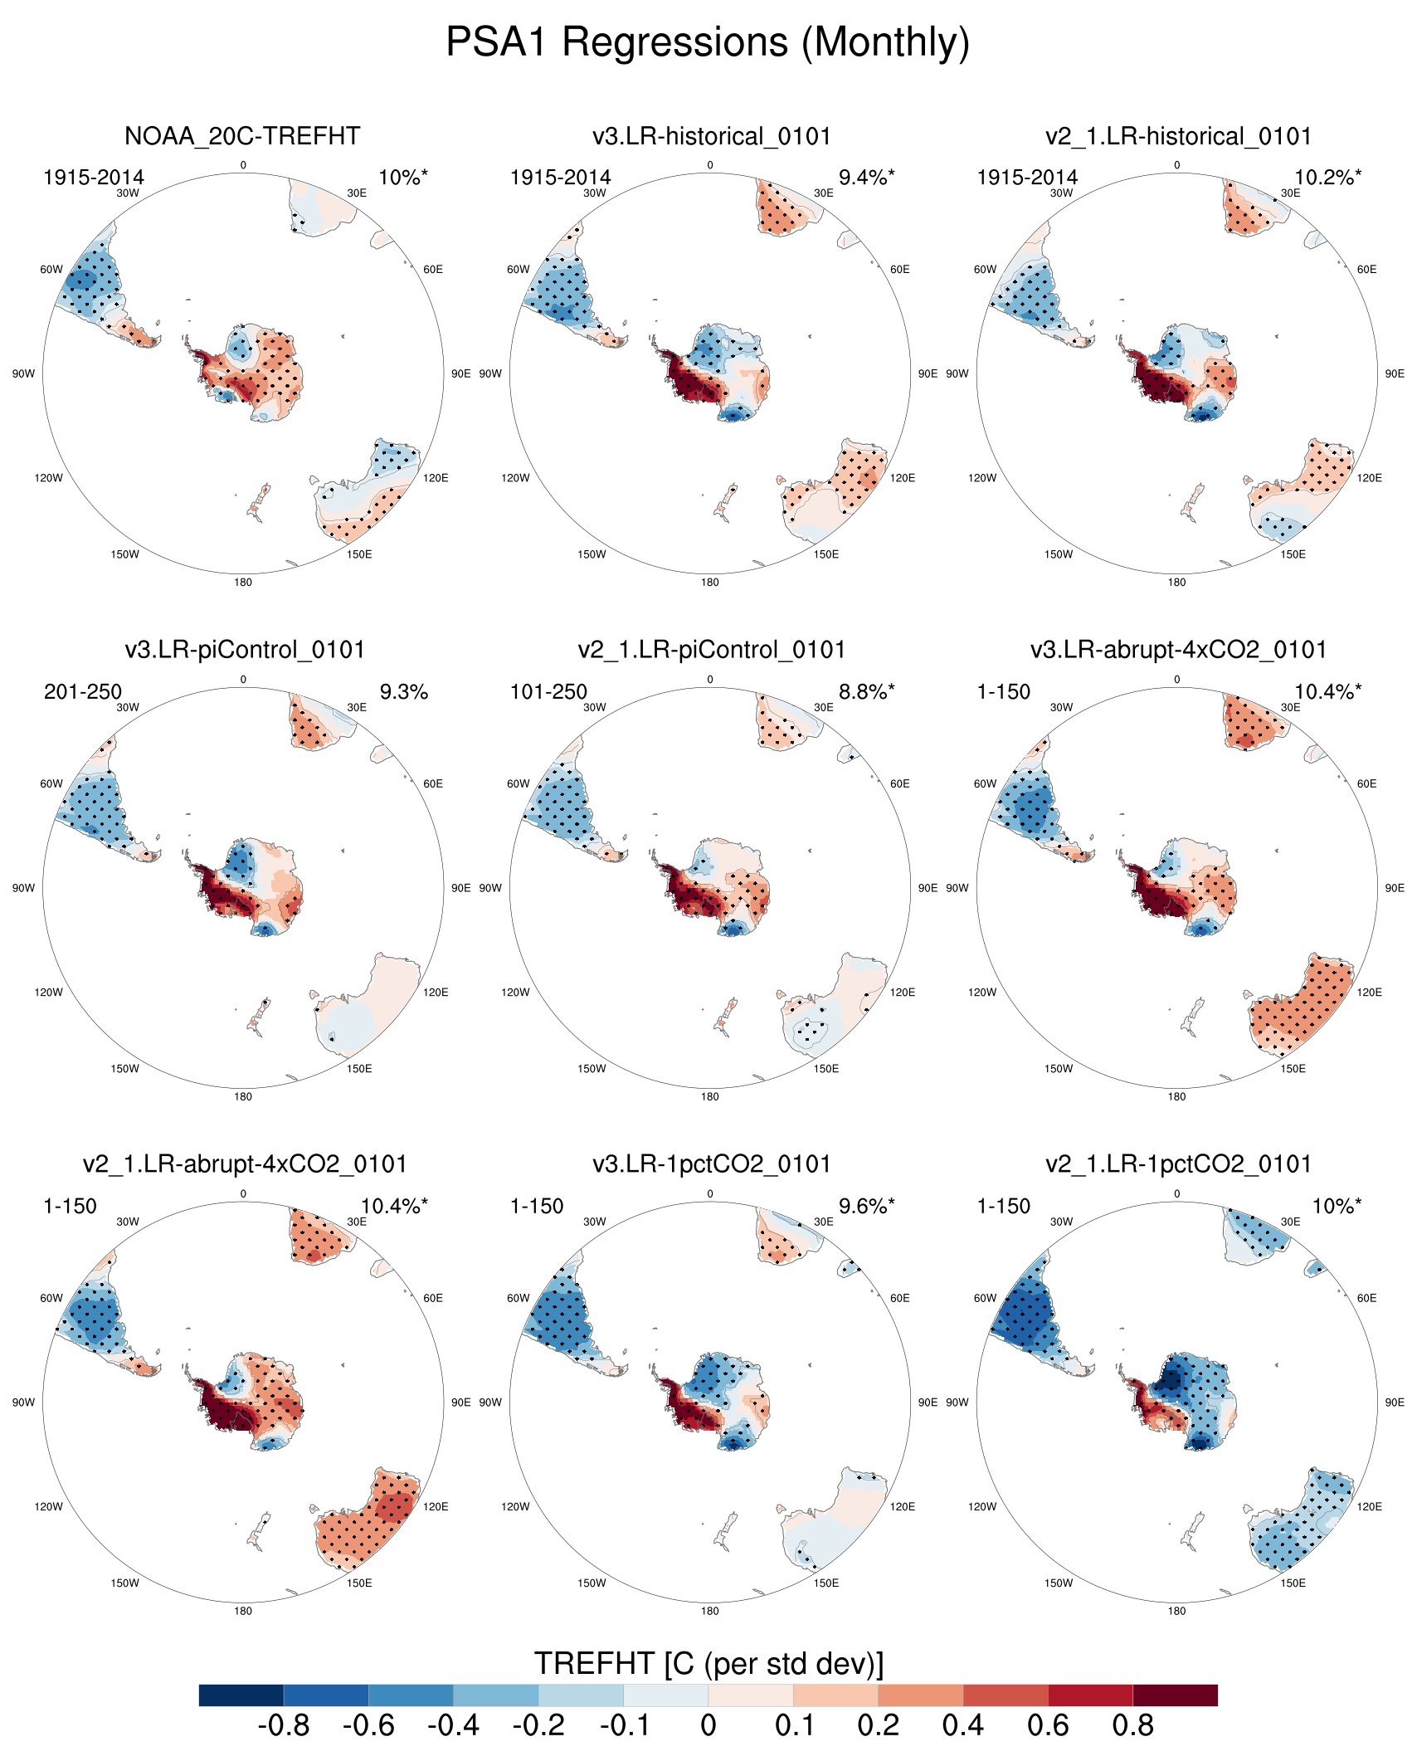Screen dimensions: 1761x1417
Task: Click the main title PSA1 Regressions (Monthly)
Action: tap(708, 41)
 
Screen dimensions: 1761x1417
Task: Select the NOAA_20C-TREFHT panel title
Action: tap(242, 136)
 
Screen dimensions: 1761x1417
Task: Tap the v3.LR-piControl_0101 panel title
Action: tap(245, 650)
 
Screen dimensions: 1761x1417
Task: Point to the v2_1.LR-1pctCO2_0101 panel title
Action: tap(1178, 1164)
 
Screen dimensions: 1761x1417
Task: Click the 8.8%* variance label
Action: tap(866, 692)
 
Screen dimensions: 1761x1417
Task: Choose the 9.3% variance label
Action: tap(403, 692)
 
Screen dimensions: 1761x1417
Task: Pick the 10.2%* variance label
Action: tap(1327, 178)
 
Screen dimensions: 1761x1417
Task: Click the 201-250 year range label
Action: tap(83, 692)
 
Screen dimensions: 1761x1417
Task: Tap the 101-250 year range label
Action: tap(548, 692)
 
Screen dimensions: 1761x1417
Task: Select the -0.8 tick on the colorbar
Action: tap(284, 1726)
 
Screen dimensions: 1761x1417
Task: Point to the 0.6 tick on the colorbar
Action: tap(1048, 1726)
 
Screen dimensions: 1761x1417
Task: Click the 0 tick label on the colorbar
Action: tap(708, 1726)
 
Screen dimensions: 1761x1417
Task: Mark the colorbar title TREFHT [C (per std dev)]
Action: tap(708, 1664)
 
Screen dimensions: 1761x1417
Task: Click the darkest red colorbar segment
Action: tap(1175, 1695)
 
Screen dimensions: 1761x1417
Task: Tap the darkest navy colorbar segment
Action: tap(241, 1695)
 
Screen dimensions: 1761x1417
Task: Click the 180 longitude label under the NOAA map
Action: tap(243, 583)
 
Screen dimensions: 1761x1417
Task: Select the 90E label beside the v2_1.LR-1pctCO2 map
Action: tap(1395, 1402)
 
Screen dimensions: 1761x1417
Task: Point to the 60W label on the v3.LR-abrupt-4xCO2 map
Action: tap(985, 784)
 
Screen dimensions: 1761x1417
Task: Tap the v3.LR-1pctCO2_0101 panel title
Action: tap(712, 1164)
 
